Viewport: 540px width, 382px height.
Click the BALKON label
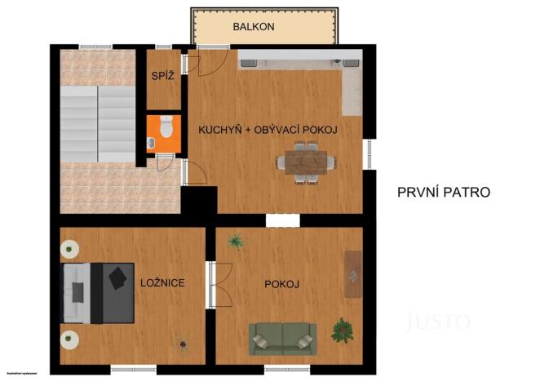[x=253, y=27]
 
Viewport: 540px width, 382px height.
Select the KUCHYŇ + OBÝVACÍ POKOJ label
[x=268, y=130]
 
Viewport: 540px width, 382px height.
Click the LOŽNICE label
[x=162, y=283]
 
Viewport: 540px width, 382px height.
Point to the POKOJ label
[x=282, y=284]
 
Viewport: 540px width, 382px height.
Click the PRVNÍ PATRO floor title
[x=444, y=193]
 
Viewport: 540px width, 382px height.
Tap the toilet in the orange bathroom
[x=166, y=127]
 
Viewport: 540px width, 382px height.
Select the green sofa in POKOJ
[x=283, y=335]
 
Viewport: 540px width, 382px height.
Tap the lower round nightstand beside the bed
[x=69, y=336]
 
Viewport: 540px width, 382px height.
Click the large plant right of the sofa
[x=343, y=330]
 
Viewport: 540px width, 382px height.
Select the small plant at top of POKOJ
[x=237, y=241]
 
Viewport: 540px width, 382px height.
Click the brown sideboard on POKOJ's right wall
[x=353, y=273]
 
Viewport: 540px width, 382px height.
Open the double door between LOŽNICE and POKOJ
[x=211, y=284]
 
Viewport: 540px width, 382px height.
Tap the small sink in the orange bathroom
[x=152, y=141]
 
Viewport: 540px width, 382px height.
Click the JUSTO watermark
[x=438, y=320]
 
